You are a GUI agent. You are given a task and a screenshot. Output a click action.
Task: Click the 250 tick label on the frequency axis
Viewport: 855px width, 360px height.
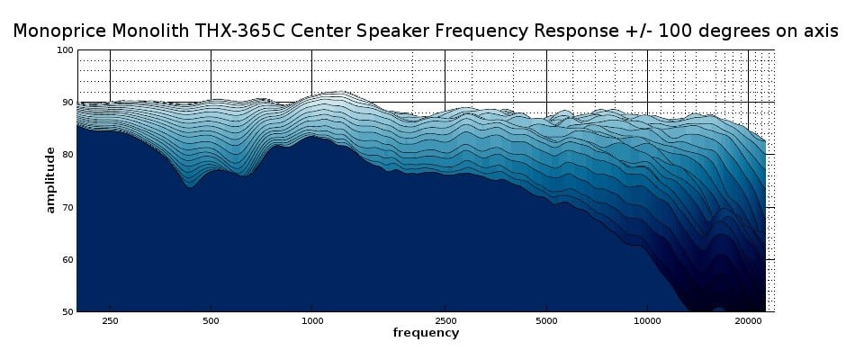110,320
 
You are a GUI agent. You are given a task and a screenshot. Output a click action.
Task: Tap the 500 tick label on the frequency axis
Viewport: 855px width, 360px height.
211,320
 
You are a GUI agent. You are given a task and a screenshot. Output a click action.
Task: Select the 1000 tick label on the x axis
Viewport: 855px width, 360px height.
311,320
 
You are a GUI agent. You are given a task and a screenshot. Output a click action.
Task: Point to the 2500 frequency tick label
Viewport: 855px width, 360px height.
445,320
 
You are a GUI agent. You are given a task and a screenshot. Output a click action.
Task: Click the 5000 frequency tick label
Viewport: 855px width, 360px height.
546,320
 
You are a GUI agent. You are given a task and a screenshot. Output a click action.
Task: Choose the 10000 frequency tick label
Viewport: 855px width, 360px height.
646,320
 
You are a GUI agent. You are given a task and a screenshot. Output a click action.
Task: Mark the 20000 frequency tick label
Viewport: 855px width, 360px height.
748,320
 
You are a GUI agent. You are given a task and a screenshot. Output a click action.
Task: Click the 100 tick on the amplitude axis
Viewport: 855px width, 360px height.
65,50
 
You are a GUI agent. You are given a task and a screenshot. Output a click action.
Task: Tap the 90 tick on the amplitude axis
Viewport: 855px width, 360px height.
67,103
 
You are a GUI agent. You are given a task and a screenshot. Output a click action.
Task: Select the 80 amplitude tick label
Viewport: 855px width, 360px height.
67,155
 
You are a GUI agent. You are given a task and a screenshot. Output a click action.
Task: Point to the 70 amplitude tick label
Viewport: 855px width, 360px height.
67,207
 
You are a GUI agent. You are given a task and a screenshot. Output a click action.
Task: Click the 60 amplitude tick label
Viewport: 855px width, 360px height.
67,259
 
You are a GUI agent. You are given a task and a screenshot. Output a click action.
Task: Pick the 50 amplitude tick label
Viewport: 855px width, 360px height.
67,311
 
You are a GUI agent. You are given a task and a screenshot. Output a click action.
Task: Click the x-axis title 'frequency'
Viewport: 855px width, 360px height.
426,333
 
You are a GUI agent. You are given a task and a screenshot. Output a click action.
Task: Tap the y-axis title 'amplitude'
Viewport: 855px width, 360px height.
50,180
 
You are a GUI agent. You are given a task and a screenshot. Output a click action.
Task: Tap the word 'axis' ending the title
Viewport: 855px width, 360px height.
820,31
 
